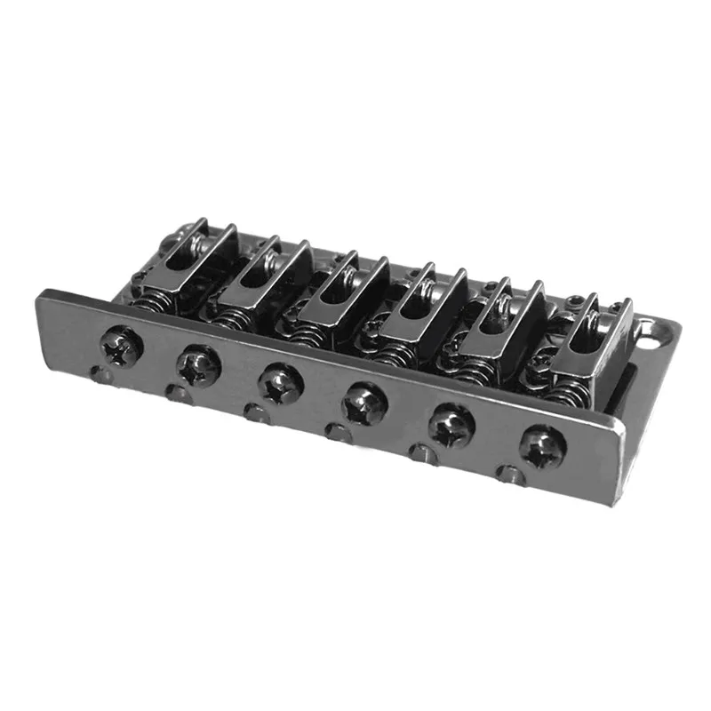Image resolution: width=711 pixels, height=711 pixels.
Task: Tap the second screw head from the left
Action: coord(197,364)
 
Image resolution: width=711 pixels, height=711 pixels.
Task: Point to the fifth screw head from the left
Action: coord(451,425)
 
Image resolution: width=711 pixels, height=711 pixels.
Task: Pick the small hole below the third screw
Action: coord(256,412)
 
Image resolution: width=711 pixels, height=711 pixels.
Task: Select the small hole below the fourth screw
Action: coord(336,432)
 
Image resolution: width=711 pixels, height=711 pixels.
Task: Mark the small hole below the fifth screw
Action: coord(420,453)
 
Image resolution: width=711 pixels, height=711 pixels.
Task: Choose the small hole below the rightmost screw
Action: coord(510,475)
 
